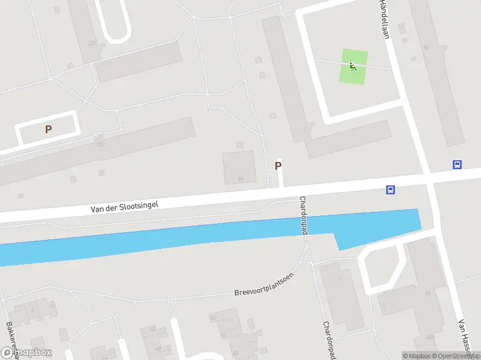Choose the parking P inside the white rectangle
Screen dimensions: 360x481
click(x=48, y=129)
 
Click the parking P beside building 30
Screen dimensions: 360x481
click(x=278, y=166)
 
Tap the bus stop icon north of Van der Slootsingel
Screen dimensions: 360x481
click(x=457, y=164)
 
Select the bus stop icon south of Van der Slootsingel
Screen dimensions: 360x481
click(x=390, y=190)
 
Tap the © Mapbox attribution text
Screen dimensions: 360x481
click(x=417, y=356)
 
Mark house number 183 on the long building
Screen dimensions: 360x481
click(x=100, y=144)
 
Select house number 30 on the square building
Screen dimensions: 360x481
click(x=240, y=179)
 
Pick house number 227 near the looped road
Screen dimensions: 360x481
click(x=91, y=43)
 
